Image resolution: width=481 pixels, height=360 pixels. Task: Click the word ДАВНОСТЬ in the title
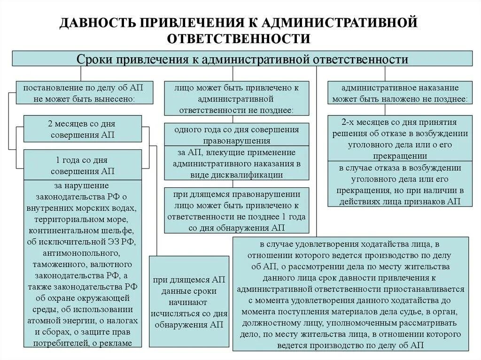(96, 23)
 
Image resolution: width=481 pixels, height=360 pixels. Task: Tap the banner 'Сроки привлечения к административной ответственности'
(242, 59)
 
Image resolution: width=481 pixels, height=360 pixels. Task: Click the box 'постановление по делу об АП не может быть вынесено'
(84, 93)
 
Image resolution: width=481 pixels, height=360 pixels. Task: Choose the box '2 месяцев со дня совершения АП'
(82, 129)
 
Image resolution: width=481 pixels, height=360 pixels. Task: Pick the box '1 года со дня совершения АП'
(82, 164)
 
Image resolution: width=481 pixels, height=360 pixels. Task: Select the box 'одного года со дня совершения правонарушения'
(237, 134)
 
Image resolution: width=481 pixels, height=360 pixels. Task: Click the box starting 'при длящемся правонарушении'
(237, 211)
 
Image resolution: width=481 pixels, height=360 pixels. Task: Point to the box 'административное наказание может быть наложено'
(400, 93)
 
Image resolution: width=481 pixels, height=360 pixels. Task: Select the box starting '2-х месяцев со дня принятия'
(401, 139)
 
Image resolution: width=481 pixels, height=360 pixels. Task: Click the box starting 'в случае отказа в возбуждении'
(401, 184)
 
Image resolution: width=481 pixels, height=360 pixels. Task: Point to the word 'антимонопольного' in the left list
(82, 253)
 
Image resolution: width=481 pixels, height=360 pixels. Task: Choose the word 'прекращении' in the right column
(401, 156)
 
